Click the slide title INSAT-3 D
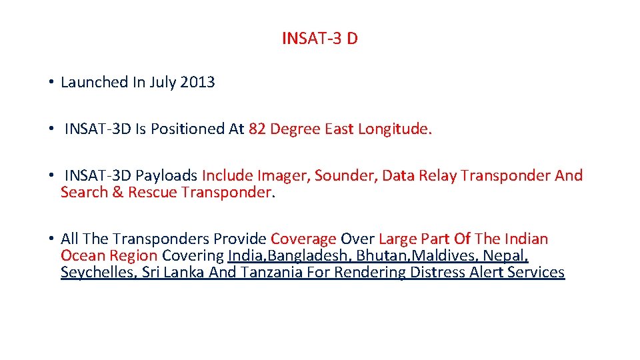pyautogui.click(x=319, y=39)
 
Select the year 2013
pyautogui.click(x=197, y=83)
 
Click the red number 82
pyautogui.click(x=257, y=129)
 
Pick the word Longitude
pyautogui.click(x=395, y=129)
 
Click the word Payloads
pyautogui.click(x=167, y=176)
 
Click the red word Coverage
pyautogui.click(x=303, y=239)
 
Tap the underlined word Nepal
pyautogui.click(x=506, y=256)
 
